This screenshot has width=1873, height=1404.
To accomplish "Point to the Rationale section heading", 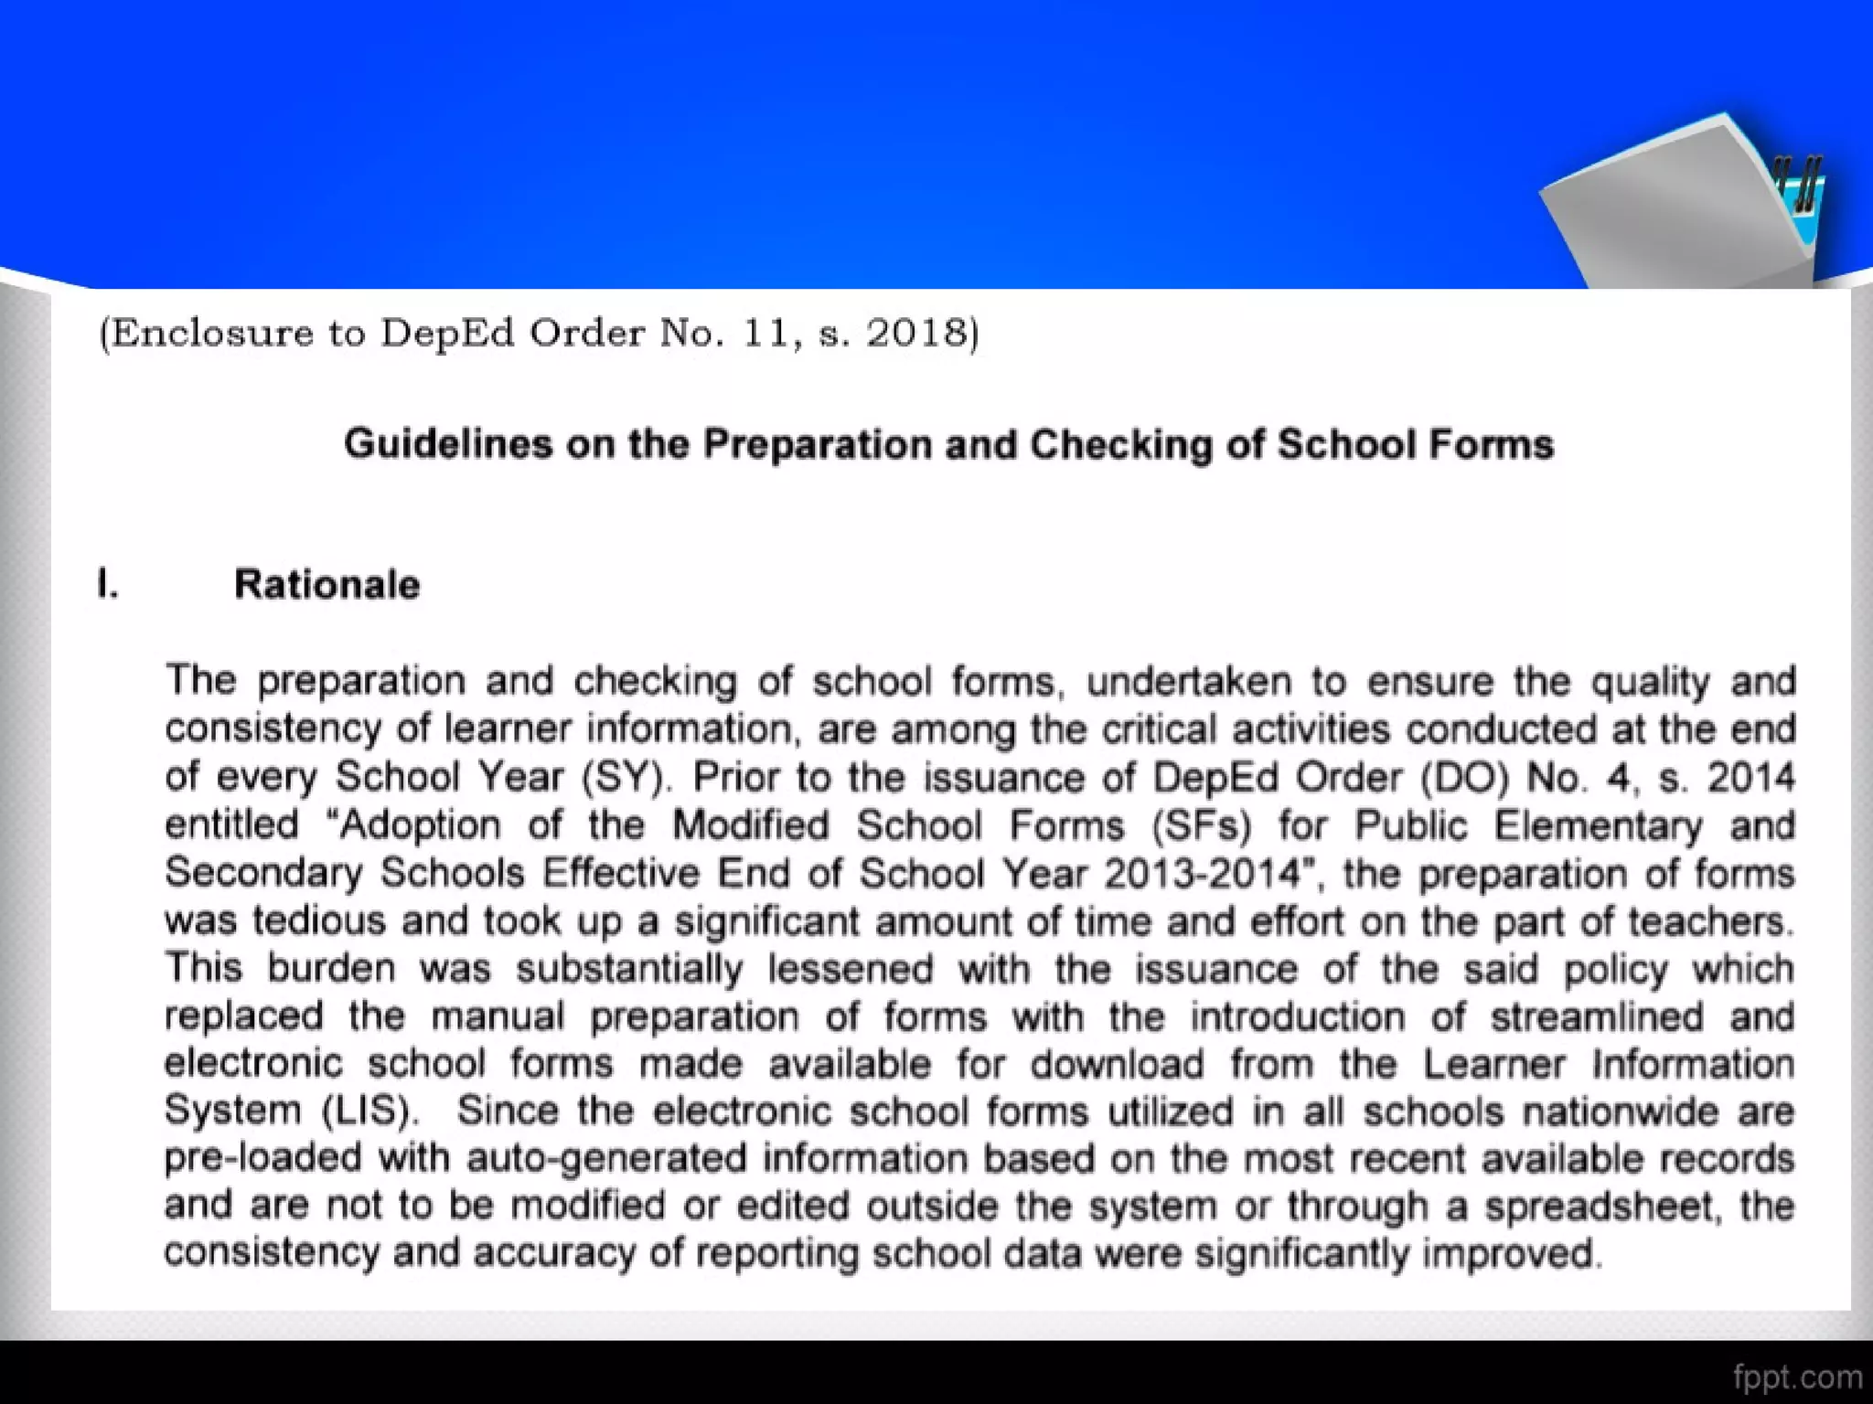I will click(326, 584).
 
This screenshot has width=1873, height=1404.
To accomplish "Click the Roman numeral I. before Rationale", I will click(108, 584).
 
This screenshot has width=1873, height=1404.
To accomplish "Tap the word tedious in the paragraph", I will click(319, 920).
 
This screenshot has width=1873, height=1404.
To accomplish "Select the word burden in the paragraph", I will click(331, 968).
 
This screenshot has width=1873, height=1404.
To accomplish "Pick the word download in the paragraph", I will click(1117, 1064).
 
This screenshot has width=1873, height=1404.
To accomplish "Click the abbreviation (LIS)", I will click(370, 1111).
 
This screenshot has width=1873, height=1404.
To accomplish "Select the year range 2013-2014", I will click(1202, 874).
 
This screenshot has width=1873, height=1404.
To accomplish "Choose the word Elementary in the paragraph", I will click(1599, 825).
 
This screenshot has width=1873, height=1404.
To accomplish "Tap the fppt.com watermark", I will click(1797, 1377).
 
